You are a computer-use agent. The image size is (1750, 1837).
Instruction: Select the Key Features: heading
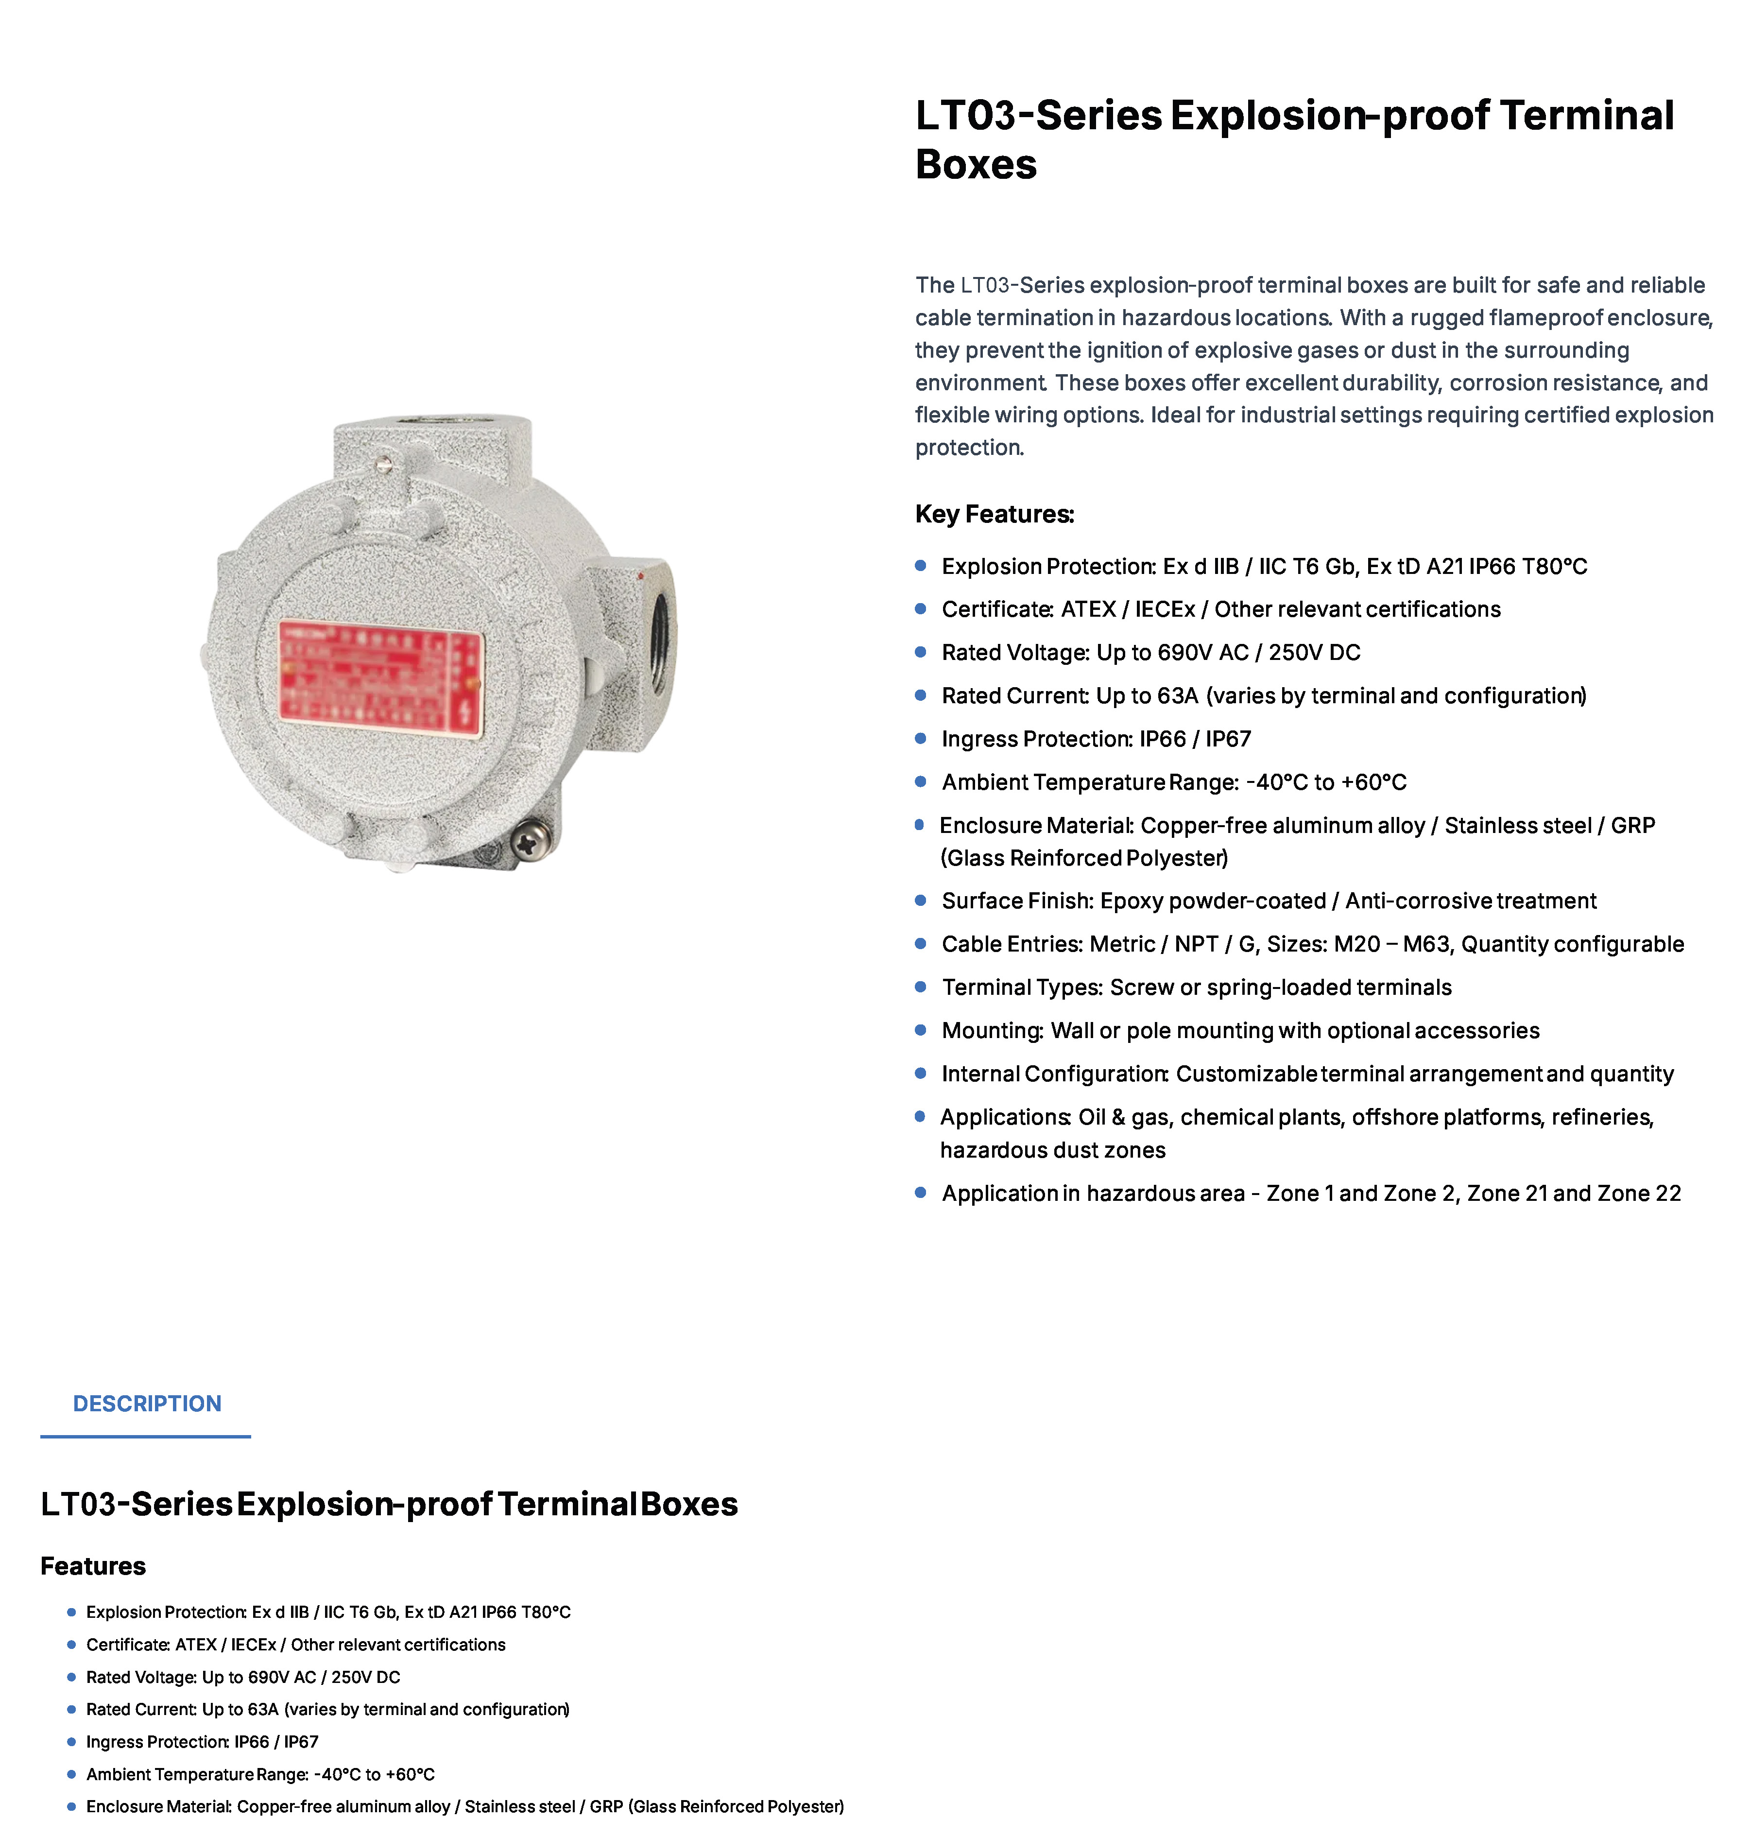[995, 514]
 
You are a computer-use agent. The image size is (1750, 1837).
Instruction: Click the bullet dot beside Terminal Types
[921, 987]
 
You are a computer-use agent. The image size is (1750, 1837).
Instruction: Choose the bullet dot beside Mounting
[921, 1030]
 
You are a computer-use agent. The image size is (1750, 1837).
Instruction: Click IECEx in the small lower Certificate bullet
[254, 1644]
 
